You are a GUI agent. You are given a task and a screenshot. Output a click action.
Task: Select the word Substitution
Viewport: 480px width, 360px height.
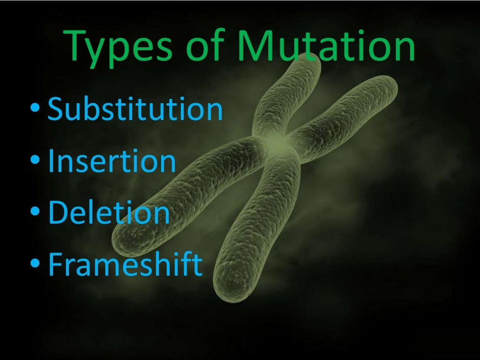135,109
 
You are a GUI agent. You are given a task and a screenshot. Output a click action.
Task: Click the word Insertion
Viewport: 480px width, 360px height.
112,161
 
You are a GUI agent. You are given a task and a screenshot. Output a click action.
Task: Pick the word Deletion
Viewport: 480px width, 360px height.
109,212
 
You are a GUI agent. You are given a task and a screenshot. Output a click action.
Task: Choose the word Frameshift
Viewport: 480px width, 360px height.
125,263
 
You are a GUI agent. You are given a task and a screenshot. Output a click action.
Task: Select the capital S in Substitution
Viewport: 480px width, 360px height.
57,109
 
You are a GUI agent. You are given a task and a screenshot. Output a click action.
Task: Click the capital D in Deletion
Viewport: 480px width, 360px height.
59,212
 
